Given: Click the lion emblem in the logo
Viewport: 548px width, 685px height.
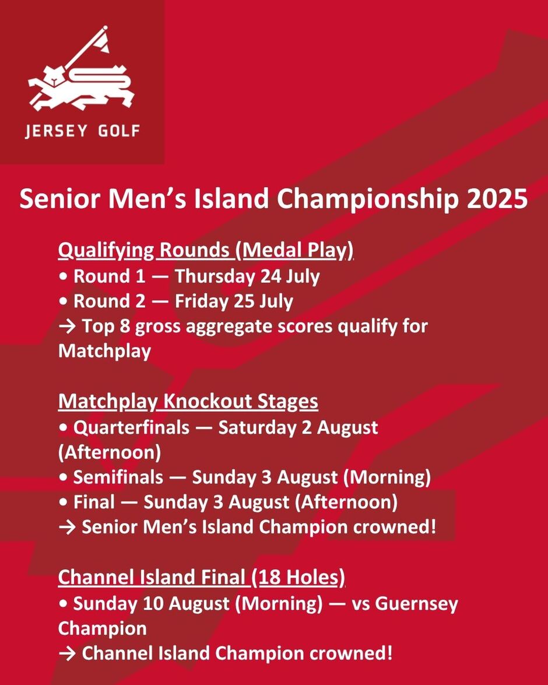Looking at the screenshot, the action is tap(81, 87).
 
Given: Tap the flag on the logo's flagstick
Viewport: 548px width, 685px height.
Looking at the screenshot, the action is tap(103, 41).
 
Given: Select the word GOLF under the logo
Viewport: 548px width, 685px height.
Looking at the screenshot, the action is tap(118, 131).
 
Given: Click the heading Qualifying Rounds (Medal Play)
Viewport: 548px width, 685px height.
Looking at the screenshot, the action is tap(205, 251).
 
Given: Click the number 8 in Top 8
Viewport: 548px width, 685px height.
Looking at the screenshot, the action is tap(125, 326).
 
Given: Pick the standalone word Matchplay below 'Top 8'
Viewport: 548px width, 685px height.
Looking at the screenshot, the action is tap(104, 351).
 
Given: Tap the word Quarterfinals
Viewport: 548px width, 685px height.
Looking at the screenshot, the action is tap(132, 427).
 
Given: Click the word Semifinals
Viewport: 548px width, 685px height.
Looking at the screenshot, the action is tap(118, 477).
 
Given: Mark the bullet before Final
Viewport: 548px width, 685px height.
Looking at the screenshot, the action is tap(64, 503).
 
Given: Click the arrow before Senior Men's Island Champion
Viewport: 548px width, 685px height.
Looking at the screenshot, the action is tap(67, 527).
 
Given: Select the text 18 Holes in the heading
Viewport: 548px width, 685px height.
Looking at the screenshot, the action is tap(298, 578).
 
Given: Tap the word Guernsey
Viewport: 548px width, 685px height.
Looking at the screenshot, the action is tap(416, 604).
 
